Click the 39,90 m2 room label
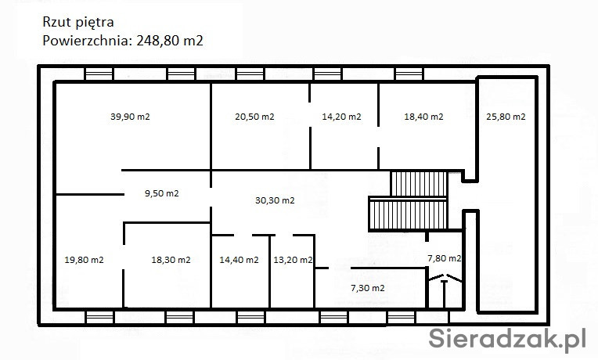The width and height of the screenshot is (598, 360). click(x=130, y=117)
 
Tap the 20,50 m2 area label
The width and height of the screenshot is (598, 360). click(x=254, y=117)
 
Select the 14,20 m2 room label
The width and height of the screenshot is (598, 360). click(x=341, y=117)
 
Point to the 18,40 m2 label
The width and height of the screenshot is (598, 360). click(x=423, y=117)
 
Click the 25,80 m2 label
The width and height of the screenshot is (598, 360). click(x=506, y=117)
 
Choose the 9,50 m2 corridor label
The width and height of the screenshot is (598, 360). click(x=162, y=193)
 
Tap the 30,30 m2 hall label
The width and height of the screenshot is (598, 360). click(x=275, y=200)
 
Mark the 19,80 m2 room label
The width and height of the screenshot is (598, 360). click(x=84, y=260)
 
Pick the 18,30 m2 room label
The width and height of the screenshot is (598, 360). click(x=171, y=260)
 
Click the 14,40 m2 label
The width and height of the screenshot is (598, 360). click(x=239, y=260)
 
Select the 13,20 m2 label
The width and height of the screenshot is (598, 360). click(x=293, y=260)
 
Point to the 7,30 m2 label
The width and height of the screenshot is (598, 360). click(x=368, y=288)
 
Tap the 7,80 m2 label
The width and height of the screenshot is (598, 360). click(x=445, y=258)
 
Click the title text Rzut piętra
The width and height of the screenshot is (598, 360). click(x=78, y=23)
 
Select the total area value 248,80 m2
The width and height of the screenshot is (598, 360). click(x=170, y=41)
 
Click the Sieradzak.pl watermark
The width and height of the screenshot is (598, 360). click(x=507, y=339)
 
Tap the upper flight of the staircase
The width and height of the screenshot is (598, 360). click(x=419, y=184)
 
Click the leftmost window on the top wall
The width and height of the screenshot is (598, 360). click(x=99, y=74)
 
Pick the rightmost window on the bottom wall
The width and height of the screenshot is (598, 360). click(x=402, y=317)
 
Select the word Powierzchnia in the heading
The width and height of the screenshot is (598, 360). click(x=88, y=41)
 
